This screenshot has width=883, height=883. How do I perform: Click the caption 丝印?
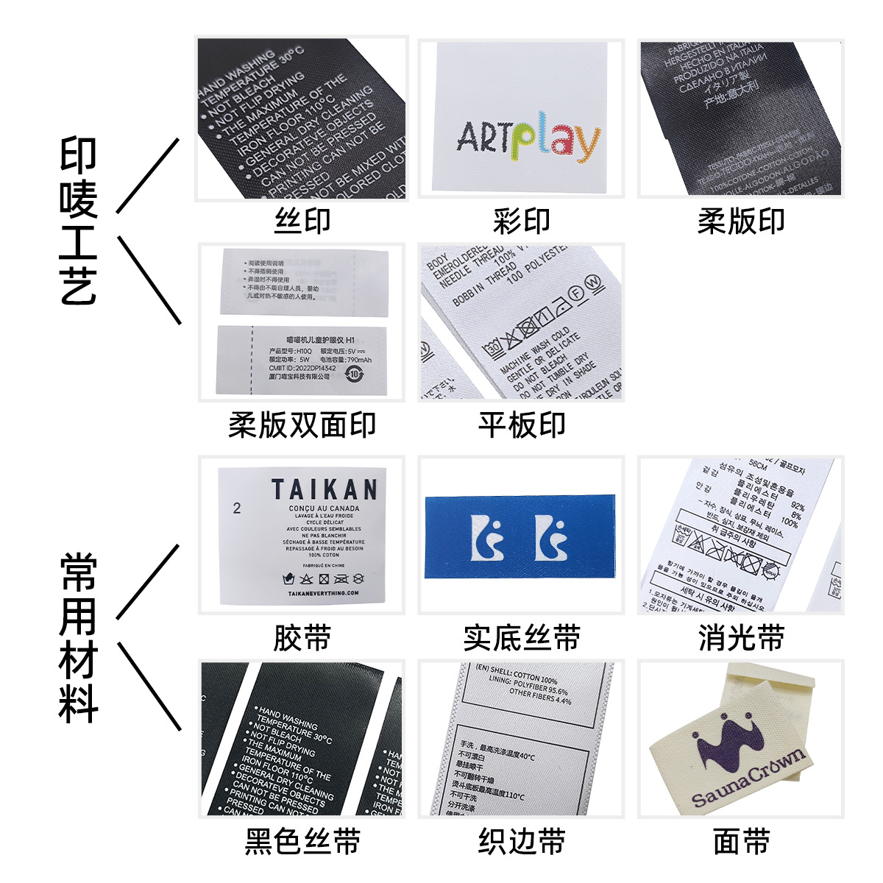click(x=302, y=221)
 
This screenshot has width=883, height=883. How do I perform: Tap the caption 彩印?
click(x=521, y=221)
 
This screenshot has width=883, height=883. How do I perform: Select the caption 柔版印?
click(x=741, y=221)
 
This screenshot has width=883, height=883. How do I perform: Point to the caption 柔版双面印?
click(x=302, y=425)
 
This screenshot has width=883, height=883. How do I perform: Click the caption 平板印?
click(x=521, y=425)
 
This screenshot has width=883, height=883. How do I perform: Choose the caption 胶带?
click(x=302, y=638)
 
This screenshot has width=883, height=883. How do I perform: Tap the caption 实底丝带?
click(x=521, y=638)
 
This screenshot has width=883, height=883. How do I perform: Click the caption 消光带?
click(x=741, y=638)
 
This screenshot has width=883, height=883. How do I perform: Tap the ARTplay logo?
click(x=528, y=138)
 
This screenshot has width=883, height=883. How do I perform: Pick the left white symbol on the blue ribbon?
click(x=486, y=537)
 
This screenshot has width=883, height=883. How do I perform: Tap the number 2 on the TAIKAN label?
click(x=236, y=508)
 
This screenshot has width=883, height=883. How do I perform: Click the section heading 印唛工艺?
click(x=78, y=221)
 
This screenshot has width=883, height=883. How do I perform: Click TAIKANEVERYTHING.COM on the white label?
click(x=324, y=593)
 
